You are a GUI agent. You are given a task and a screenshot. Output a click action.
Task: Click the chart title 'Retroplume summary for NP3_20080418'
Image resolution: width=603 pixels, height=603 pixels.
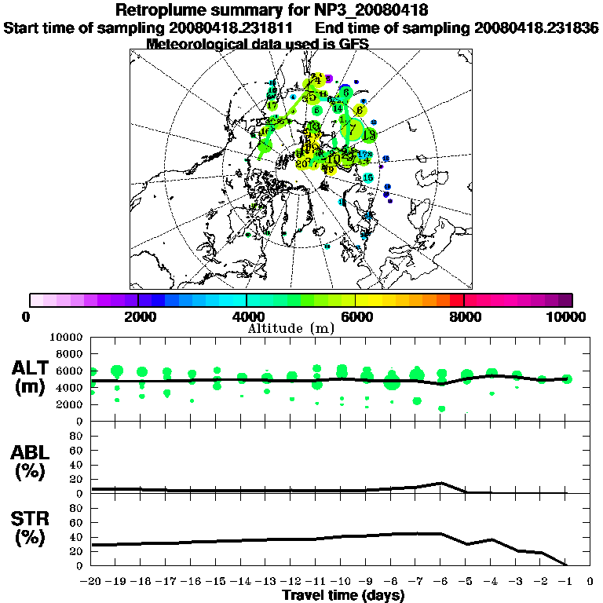(272, 10)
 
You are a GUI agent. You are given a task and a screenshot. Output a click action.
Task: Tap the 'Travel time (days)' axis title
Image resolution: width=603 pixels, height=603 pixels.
(343, 595)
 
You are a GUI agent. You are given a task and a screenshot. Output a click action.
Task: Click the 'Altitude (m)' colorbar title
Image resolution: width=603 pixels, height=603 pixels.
(301, 327)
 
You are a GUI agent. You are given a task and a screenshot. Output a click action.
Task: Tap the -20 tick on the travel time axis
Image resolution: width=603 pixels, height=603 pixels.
(93, 582)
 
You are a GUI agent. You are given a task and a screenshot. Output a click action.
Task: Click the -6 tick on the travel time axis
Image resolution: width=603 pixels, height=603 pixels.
(441, 582)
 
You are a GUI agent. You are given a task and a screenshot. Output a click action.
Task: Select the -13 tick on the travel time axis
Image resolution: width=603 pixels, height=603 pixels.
(267, 582)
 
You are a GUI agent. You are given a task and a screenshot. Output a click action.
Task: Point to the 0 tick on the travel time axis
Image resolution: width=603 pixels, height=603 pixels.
(590, 582)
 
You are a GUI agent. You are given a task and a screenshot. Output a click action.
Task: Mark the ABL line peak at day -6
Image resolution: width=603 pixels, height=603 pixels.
(442, 483)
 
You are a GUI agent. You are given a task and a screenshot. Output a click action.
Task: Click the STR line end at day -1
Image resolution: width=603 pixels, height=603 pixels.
(566, 565)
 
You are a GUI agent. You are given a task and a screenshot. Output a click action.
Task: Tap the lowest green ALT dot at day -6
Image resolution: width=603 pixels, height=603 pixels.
(442, 408)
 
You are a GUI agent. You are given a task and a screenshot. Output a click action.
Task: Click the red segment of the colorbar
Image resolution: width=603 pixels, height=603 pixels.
(456, 300)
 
